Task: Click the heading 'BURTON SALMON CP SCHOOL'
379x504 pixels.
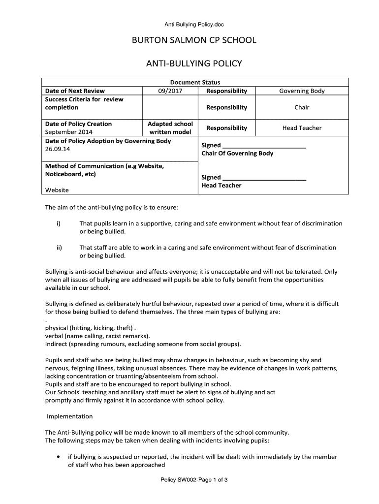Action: [193, 40]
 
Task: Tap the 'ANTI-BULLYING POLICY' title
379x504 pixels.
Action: [193, 63]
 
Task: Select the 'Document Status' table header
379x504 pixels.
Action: [195, 83]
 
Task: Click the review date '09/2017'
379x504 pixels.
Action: [170, 91]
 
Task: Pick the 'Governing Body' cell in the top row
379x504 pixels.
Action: [302, 91]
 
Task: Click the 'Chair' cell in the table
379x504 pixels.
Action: [302, 107]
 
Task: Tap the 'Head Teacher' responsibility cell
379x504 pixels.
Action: [302, 128]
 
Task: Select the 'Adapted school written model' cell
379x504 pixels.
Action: [170, 128]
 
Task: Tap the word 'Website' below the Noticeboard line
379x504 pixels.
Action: [57, 190]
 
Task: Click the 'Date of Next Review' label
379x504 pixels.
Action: [75, 91]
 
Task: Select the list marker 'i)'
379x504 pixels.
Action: [58, 223]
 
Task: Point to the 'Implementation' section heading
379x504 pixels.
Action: [69, 416]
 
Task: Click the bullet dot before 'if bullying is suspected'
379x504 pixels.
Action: [59, 457]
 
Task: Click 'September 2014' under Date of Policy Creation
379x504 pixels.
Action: [69, 132]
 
